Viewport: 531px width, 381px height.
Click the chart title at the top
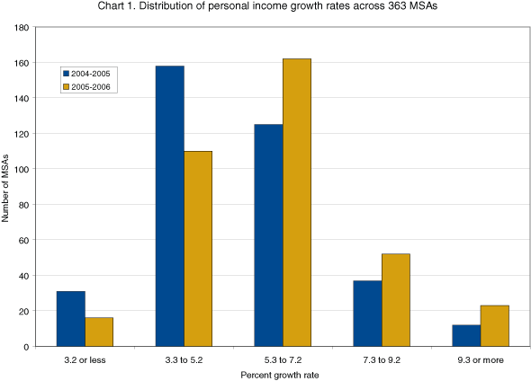pyautogui.click(x=265, y=9)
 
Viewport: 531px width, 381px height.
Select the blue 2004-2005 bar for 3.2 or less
pyautogui.click(x=71, y=319)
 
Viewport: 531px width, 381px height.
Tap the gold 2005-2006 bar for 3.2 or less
pyautogui.click(x=99, y=332)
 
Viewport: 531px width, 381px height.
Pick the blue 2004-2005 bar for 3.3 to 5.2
pyautogui.click(x=170, y=206)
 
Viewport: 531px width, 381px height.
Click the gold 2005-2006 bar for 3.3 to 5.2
pyautogui.click(x=198, y=249)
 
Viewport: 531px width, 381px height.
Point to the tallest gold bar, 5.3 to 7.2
pyautogui.click(x=296, y=202)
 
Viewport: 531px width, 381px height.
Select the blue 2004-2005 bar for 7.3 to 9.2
pyautogui.click(x=367, y=314)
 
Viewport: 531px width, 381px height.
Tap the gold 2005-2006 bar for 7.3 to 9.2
pyautogui.click(x=395, y=300)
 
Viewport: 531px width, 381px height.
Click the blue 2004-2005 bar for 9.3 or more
pyautogui.click(x=466, y=335)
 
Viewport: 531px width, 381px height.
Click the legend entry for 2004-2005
pyautogui.click(x=92, y=74)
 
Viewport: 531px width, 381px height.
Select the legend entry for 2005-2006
pyautogui.click(x=92, y=86)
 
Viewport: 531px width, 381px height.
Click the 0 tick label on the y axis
pyautogui.click(x=28, y=347)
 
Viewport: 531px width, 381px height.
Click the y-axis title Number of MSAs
pyautogui.click(x=7, y=187)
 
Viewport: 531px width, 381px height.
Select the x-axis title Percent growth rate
pyautogui.click(x=283, y=373)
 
